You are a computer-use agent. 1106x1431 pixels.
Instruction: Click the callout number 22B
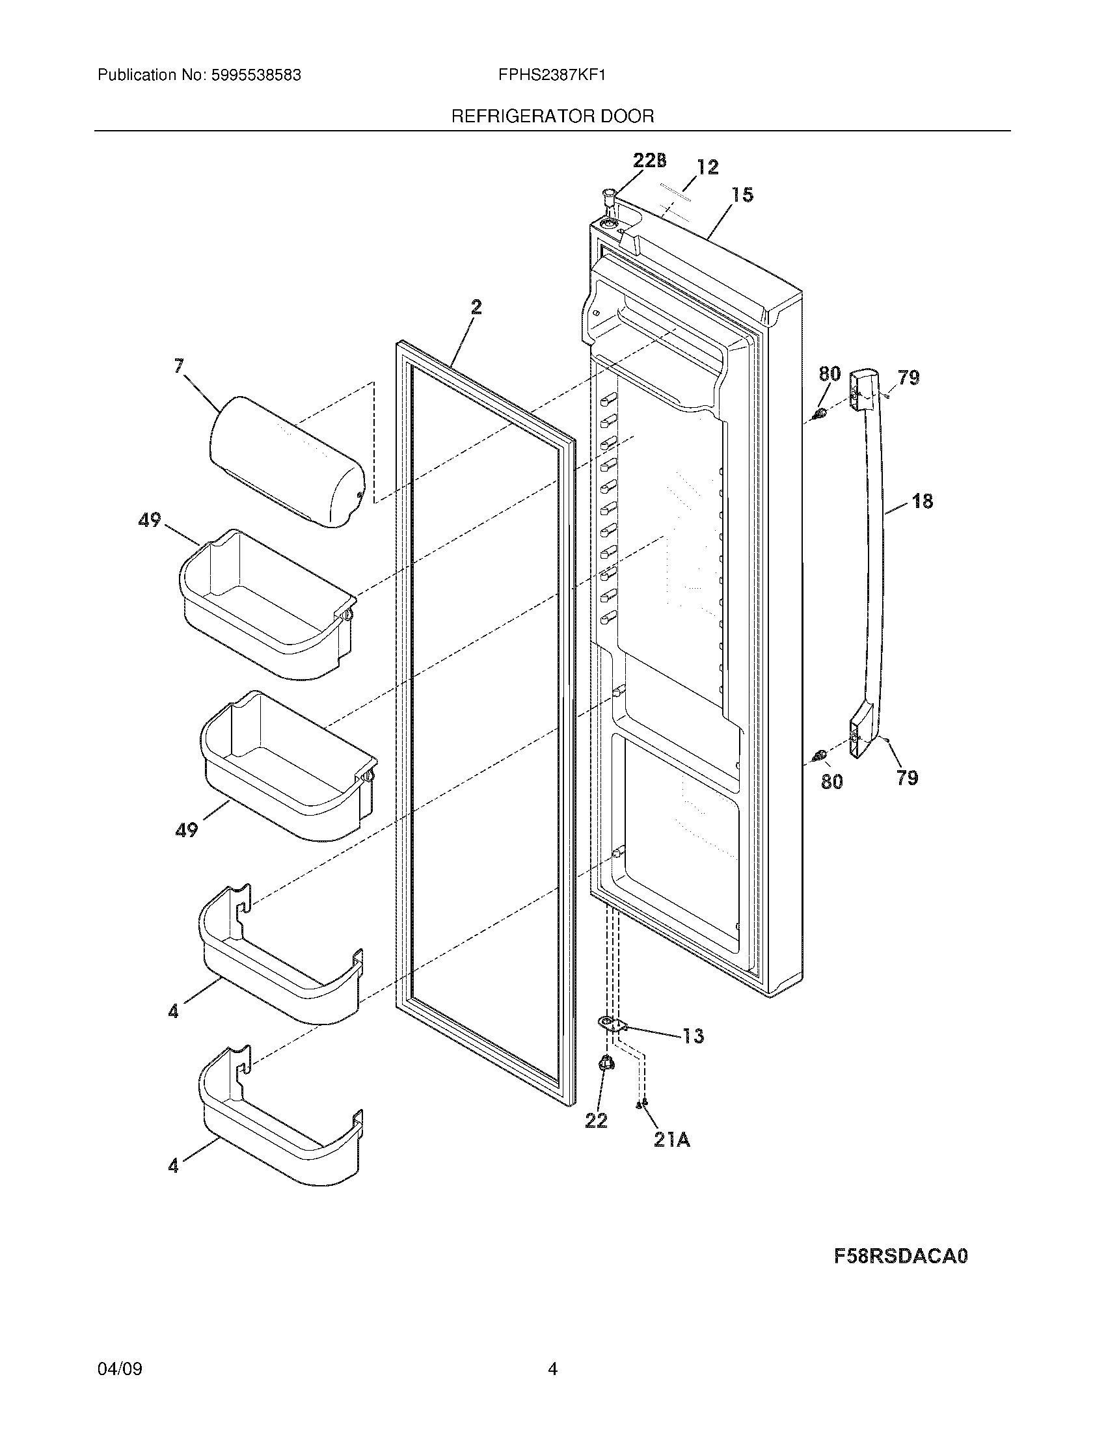click(x=649, y=161)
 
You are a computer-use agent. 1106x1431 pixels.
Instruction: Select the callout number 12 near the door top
click(x=707, y=167)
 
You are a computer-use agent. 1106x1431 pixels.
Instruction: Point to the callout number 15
click(x=743, y=194)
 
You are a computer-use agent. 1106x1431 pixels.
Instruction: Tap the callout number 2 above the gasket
click(x=476, y=306)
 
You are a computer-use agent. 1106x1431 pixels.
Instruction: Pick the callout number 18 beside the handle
click(x=922, y=502)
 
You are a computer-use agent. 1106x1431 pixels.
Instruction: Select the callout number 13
click(x=693, y=1036)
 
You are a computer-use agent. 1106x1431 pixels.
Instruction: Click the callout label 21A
click(x=671, y=1140)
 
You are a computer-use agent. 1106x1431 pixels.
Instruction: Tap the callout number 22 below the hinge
click(x=596, y=1121)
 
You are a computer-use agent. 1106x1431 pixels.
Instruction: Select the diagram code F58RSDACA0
click(x=900, y=1256)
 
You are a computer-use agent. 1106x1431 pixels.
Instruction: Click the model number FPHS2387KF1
click(x=552, y=75)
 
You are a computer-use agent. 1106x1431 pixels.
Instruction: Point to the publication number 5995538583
click(x=256, y=75)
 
